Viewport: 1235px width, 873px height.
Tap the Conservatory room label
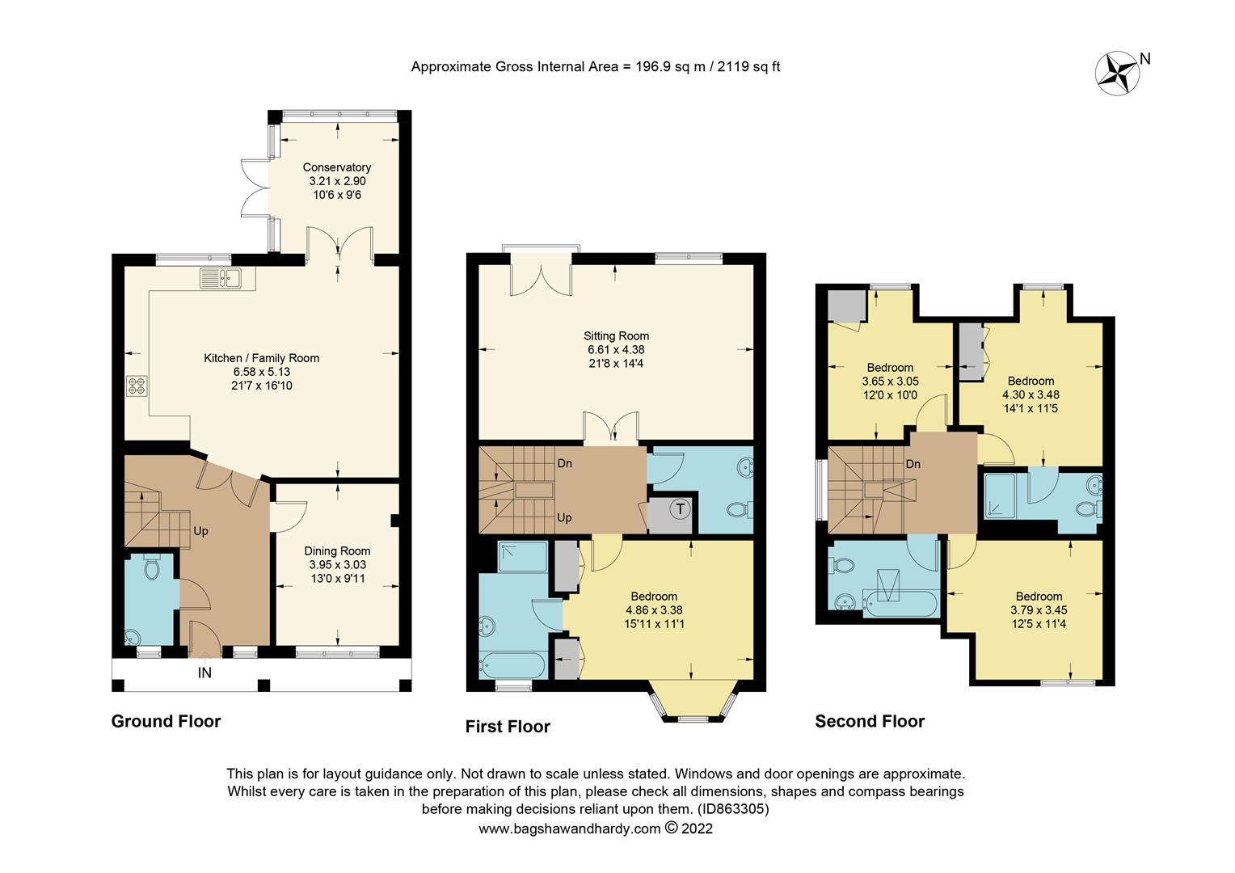coord(336,167)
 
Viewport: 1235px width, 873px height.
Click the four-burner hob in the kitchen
coord(137,386)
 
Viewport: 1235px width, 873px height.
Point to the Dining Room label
coord(337,551)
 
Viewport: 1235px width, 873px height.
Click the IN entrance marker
coord(204,673)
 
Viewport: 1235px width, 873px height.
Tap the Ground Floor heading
coord(166,721)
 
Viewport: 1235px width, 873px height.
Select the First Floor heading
coord(508,727)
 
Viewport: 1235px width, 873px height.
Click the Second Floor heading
coord(870,721)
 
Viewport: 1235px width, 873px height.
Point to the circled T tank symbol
coord(681,508)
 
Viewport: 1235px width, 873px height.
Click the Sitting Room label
coord(616,335)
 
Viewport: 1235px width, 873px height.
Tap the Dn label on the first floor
coord(564,463)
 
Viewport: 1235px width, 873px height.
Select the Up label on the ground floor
coord(200,531)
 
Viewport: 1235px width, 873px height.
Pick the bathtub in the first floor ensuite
coord(512,665)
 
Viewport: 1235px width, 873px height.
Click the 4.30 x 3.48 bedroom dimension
coord(1031,394)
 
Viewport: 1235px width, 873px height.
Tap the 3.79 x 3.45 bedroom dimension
coord(1039,610)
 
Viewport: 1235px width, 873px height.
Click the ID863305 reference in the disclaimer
coord(733,809)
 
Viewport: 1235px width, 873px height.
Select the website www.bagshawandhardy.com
coord(570,829)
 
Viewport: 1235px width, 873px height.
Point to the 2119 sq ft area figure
coord(748,67)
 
